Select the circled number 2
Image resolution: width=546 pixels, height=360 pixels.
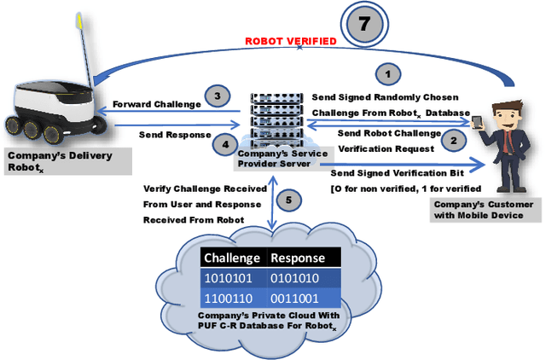point(454,141)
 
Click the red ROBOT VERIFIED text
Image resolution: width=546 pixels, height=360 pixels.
point(291,40)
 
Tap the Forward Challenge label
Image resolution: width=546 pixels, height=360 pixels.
point(157,105)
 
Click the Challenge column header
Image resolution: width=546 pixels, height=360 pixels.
point(231,258)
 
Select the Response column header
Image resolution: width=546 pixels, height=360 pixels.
point(299,258)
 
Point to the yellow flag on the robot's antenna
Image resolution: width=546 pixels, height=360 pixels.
point(82,19)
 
